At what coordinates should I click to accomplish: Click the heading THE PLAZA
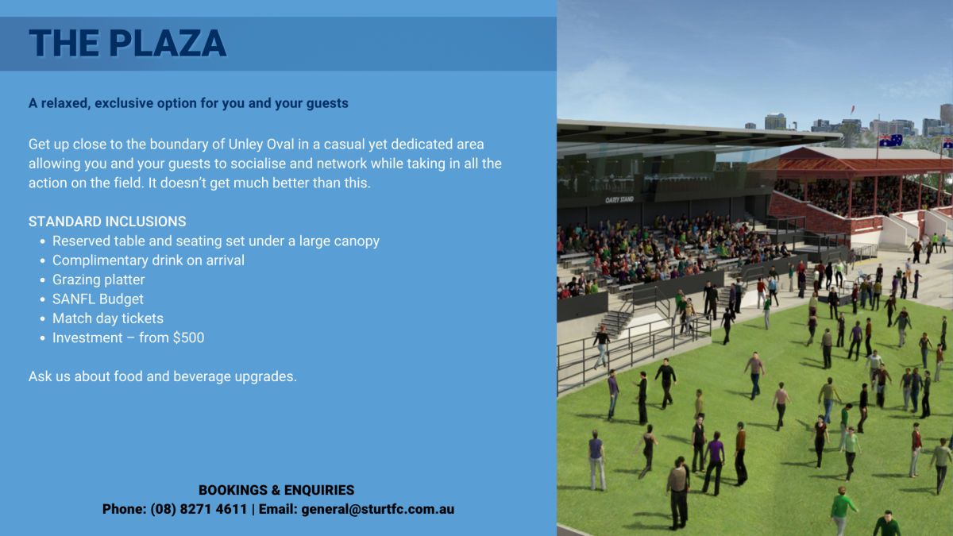pyautogui.click(x=127, y=44)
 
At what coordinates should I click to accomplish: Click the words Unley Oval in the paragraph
pyautogui.click(x=260, y=145)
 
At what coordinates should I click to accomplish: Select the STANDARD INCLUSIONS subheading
pyautogui.click(x=107, y=222)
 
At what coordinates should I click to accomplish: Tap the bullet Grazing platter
pyautogui.click(x=98, y=280)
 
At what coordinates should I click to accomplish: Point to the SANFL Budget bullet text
pyautogui.click(x=98, y=299)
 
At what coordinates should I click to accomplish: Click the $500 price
pyautogui.click(x=188, y=337)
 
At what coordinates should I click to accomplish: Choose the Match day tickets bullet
pyautogui.click(x=108, y=318)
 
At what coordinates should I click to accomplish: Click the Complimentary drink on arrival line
pyautogui.click(x=149, y=260)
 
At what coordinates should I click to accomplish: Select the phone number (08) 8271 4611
pyautogui.click(x=199, y=509)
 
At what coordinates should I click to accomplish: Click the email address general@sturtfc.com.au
pyautogui.click(x=378, y=509)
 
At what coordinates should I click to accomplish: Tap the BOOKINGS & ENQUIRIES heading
pyautogui.click(x=276, y=490)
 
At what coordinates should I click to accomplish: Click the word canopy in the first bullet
pyautogui.click(x=357, y=241)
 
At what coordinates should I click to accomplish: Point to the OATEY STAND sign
pyautogui.click(x=619, y=199)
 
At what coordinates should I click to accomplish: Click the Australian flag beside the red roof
pyautogui.click(x=890, y=141)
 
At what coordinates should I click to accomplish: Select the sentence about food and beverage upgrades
pyautogui.click(x=163, y=376)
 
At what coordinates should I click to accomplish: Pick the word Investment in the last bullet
pyautogui.click(x=87, y=337)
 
